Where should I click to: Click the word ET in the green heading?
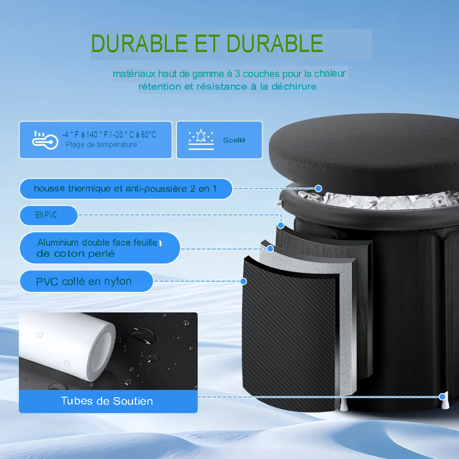pyautogui.click(x=207, y=43)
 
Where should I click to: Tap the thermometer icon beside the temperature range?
pyautogui.click(x=45, y=140)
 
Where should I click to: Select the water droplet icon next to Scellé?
pyautogui.click(x=201, y=139)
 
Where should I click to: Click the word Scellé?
pyautogui.click(x=234, y=140)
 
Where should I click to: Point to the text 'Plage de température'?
pyautogui.click(x=101, y=145)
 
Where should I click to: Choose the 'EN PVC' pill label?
pyautogui.click(x=48, y=215)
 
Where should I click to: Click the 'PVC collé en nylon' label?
pyautogui.click(x=87, y=281)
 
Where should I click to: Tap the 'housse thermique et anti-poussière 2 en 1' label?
pyautogui.click(x=126, y=189)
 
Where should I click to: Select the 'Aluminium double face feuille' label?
pyautogui.click(x=100, y=248)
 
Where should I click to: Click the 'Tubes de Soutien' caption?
pyautogui.click(x=107, y=401)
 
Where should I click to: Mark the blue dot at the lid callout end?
pyautogui.click(x=319, y=188)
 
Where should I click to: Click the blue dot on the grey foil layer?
pyautogui.click(x=270, y=249)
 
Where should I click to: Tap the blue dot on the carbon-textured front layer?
pyautogui.click(x=243, y=281)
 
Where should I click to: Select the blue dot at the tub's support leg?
pyautogui.click(x=442, y=397)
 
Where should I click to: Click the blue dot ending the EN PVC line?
pyautogui.click(x=281, y=225)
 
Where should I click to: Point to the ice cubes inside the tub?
pyautogui.click(x=377, y=200)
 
